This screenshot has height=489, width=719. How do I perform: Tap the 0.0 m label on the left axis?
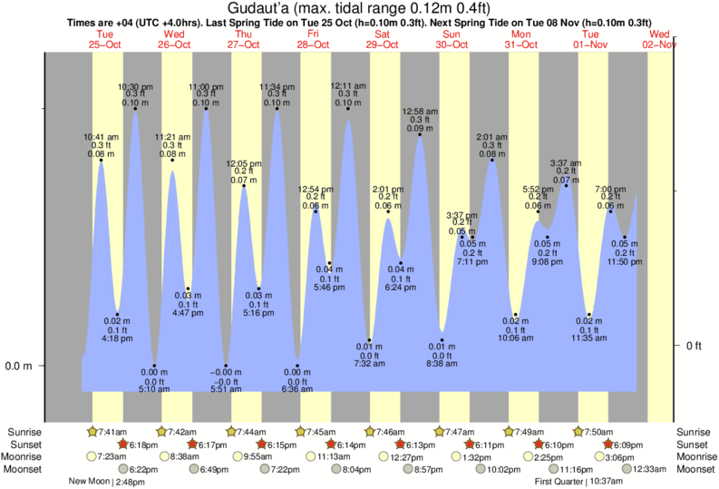coord(19,366)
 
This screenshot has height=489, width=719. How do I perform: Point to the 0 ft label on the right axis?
coord(694,346)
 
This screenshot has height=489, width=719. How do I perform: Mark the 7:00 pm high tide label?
coord(609,190)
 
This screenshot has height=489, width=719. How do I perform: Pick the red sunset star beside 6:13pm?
coord(400,445)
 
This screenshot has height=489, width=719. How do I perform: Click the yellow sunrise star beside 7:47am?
coord(440,432)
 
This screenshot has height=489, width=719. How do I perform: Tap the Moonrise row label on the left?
coord(24,456)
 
